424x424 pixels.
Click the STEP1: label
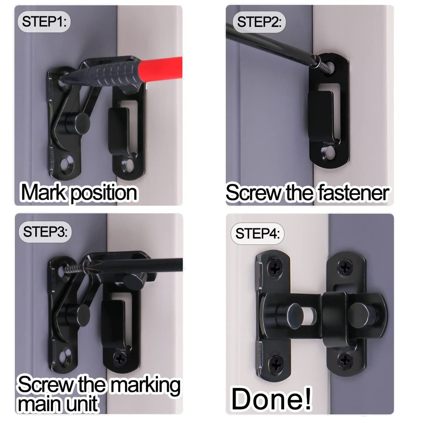coord(44,22)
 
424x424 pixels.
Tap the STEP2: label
coord(259,22)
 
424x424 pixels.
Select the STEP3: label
coord(45,232)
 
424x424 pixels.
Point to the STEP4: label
coord(258,233)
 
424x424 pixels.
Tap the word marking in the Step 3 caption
coord(145,385)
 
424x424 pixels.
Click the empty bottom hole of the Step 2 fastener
coord(330,153)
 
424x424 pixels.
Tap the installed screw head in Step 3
coord(120,359)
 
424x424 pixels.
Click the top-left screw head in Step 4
coord(274,267)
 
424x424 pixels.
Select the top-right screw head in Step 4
coord(345,267)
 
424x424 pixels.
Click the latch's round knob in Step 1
coord(82,121)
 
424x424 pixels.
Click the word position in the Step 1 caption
coord(104,194)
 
